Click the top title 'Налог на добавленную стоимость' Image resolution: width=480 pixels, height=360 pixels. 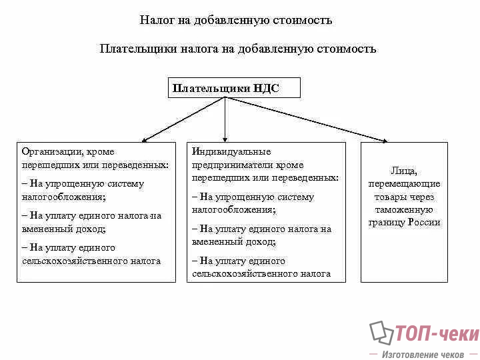235,20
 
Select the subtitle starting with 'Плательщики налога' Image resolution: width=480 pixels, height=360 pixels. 237,49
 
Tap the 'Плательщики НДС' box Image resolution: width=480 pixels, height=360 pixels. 233,87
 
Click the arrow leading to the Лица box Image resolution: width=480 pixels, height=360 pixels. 307,119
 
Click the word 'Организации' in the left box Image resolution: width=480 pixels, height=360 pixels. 51,152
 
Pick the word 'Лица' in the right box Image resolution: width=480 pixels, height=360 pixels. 404,171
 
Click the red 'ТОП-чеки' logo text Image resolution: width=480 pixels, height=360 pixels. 436,333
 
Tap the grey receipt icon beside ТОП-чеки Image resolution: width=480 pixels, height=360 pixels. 381,333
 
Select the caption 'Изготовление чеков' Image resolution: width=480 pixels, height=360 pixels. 423,355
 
